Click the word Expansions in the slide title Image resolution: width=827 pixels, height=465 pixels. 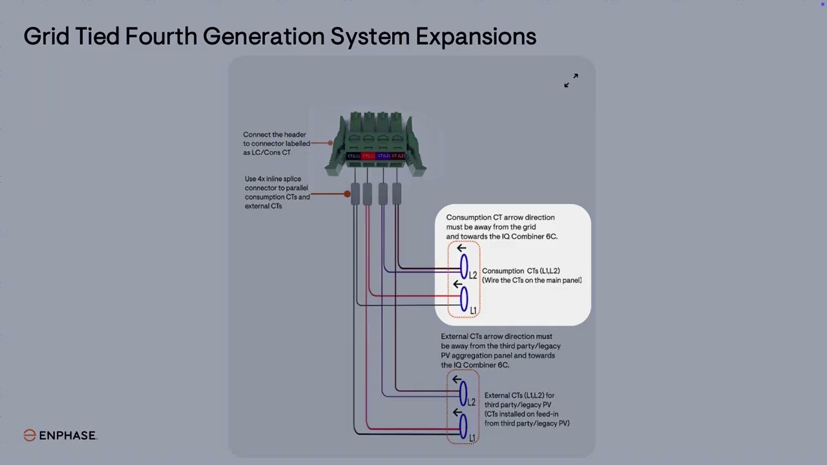click(476, 36)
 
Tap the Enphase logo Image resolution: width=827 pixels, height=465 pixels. click(60, 435)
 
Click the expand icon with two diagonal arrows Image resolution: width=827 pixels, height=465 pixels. click(571, 80)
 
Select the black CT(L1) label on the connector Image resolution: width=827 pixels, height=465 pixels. click(353, 156)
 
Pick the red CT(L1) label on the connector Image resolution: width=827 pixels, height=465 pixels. click(368, 156)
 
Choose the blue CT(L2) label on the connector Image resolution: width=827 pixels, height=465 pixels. click(384, 156)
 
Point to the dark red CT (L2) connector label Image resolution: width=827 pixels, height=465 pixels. click(399, 156)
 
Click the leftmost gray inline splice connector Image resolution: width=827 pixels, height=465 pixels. click(355, 194)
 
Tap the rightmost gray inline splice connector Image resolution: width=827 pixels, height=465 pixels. click(397, 194)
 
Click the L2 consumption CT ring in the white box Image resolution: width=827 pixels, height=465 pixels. click(463, 267)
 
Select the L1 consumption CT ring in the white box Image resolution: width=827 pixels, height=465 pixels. click(463, 300)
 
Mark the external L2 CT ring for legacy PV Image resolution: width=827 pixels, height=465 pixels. click(463, 393)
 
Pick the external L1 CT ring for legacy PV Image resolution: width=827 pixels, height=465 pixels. click(463, 427)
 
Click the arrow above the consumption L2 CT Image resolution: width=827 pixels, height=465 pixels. click(461, 249)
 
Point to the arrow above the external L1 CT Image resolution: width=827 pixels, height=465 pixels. click(457, 413)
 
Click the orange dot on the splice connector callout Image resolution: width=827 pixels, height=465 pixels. click(347, 194)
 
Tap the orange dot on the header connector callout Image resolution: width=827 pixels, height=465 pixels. click(330, 143)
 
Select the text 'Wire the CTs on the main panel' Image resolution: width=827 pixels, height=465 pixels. click(532, 280)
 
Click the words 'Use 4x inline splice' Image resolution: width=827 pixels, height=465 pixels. click(273, 179)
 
